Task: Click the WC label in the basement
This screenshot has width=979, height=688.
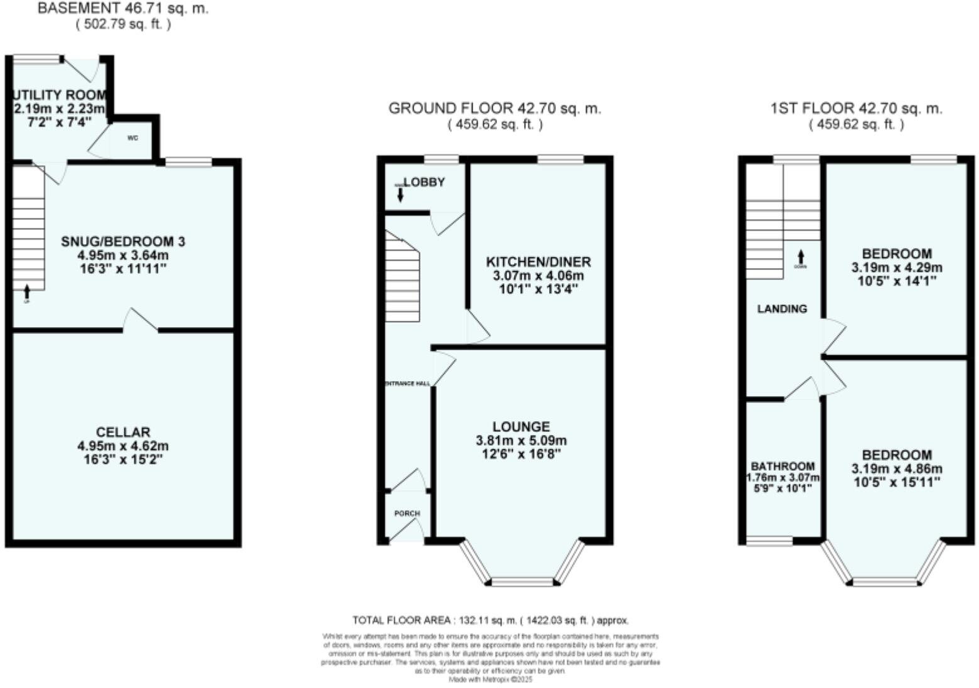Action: click(132, 137)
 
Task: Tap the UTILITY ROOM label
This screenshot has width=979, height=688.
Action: click(60, 95)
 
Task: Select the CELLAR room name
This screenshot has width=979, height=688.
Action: click(123, 432)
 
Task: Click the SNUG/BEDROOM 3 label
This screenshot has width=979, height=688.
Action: click(123, 242)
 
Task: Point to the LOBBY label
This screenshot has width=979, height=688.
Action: click(424, 182)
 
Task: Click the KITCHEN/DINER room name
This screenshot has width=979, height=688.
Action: click(538, 262)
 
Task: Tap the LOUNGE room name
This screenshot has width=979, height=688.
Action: click(521, 427)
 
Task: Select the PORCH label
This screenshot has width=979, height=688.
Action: click(407, 513)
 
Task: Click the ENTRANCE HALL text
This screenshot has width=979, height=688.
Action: click(407, 383)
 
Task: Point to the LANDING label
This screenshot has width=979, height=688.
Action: click(782, 309)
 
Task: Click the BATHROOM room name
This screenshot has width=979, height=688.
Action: click(783, 466)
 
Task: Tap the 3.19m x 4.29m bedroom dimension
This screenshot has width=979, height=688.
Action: click(897, 267)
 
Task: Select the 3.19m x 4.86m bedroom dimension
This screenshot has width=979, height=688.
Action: click(897, 469)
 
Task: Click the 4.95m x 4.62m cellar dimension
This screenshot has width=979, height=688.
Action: click(123, 446)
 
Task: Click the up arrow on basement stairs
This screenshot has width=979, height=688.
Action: click(26, 291)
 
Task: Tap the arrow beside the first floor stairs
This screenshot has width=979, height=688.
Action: click(800, 257)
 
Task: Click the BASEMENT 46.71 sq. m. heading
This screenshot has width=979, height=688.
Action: click(123, 9)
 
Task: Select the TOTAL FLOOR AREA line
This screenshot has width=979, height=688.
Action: click(490, 620)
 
